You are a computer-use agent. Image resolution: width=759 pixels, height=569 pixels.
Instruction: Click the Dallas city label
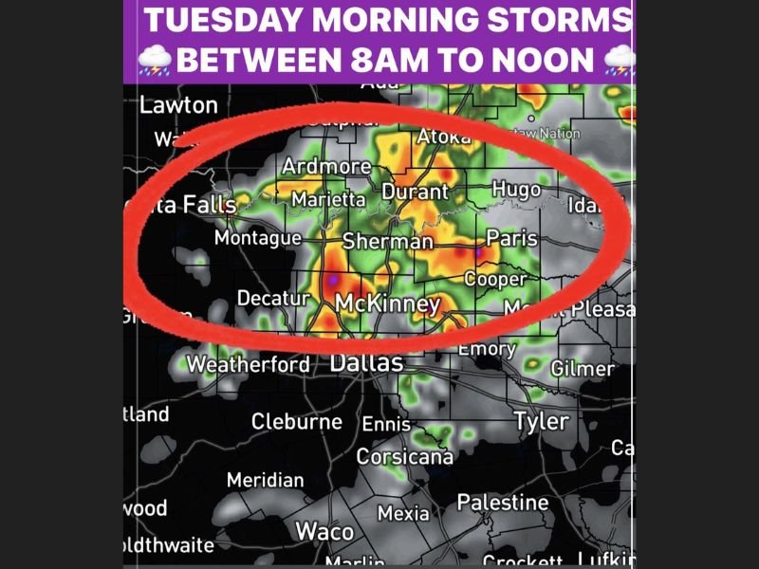tap(366, 363)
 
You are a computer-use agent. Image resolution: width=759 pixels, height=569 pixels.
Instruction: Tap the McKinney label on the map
tap(388, 304)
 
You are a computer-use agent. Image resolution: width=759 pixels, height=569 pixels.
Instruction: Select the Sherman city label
tap(387, 241)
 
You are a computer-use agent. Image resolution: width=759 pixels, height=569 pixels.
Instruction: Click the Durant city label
tap(414, 192)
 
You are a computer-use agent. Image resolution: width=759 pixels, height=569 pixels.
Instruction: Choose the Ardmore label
tap(326, 167)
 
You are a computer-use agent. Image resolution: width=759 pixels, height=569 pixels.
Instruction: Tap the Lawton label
tap(178, 105)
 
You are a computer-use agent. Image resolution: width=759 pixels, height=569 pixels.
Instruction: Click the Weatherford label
tap(248, 364)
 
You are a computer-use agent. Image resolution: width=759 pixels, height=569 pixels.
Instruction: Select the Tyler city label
tap(541, 420)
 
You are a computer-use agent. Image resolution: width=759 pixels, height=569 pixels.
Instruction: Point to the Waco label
tap(324, 531)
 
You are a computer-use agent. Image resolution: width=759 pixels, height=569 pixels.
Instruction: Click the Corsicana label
tap(404, 456)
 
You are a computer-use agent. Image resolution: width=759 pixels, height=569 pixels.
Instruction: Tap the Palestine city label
tap(503, 502)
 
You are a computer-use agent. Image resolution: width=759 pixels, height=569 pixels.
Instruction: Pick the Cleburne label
tap(297, 421)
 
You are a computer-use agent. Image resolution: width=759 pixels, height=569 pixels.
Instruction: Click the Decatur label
tap(273, 299)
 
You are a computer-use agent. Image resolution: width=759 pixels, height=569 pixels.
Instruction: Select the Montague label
tap(258, 238)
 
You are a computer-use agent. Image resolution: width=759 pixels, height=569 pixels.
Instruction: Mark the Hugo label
tap(516, 190)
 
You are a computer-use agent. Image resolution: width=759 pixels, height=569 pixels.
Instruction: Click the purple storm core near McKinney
tap(332, 281)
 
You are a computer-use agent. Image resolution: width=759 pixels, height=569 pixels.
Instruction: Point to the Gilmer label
tap(582, 368)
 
